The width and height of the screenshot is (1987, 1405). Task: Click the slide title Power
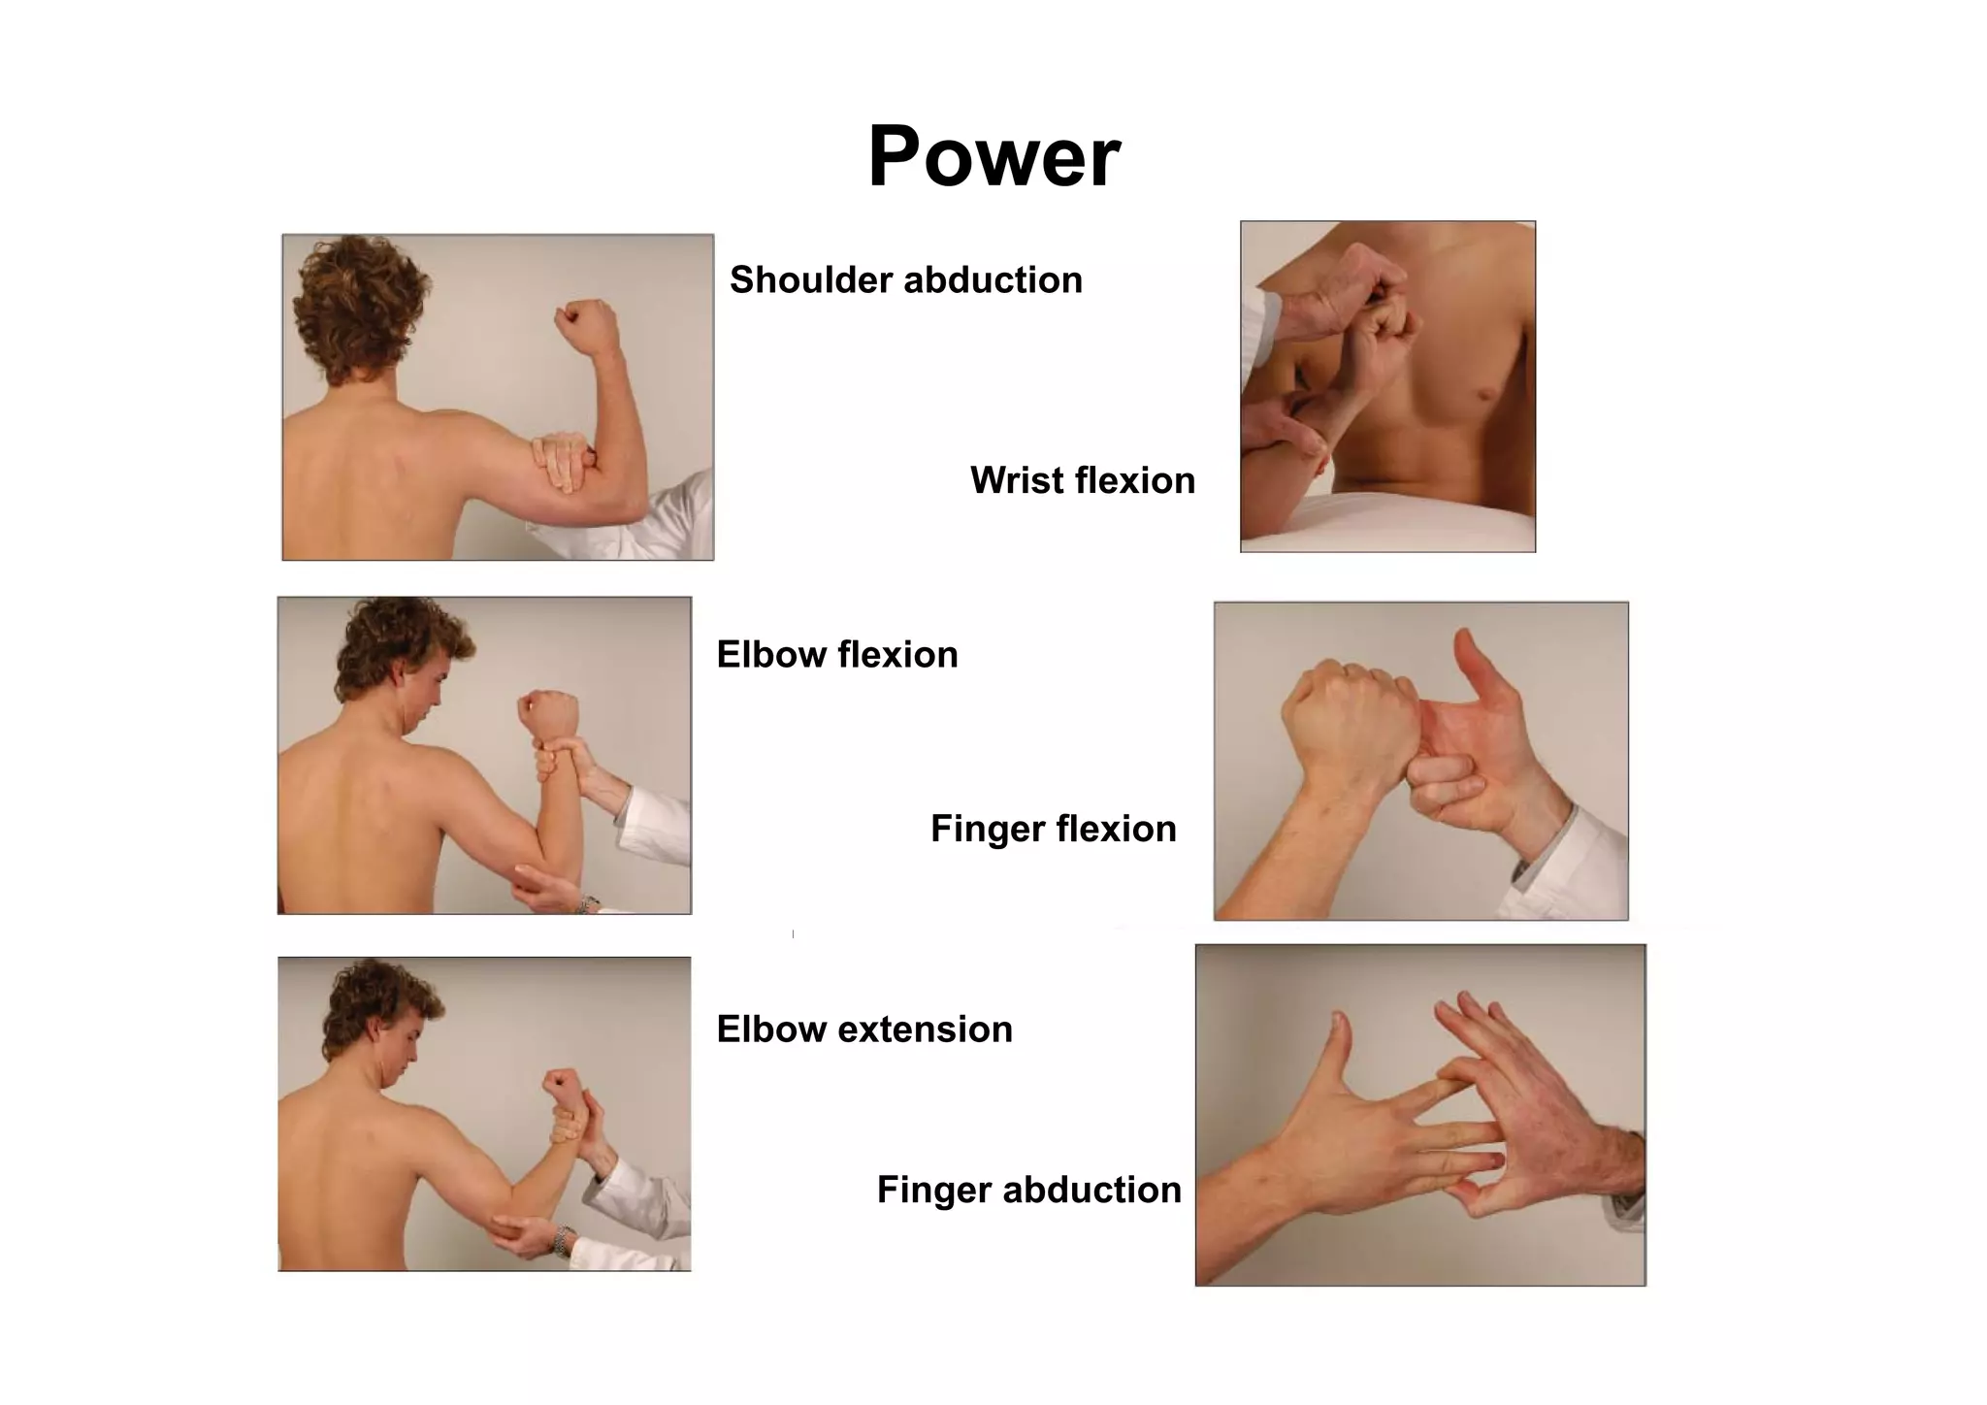(x=993, y=157)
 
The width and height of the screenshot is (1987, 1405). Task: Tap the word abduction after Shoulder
(x=993, y=280)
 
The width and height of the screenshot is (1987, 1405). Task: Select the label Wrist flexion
(x=1082, y=481)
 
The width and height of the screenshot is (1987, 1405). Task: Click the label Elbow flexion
(x=836, y=655)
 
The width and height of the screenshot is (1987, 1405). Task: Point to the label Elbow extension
(x=863, y=1029)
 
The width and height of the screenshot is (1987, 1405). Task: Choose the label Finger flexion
(x=1053, y=830)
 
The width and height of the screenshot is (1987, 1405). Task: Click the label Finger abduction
(x=1028, y=1191)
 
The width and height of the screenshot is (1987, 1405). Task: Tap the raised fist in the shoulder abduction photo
(x=586, y=327)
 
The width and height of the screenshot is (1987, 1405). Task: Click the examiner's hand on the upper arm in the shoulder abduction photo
(x=562, y=461)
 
